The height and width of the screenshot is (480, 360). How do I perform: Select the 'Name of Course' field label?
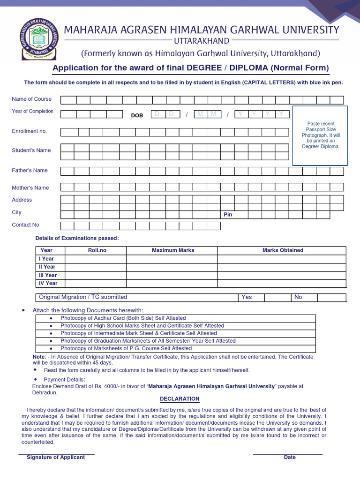(x=32, y=99)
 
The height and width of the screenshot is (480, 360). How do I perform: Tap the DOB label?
(x=137, y=115)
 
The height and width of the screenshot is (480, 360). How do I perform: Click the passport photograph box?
(x=320, y=135)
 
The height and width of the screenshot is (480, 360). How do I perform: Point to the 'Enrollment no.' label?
(x=30, y=131)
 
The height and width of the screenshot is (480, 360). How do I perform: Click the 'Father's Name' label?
(x=30, y=171)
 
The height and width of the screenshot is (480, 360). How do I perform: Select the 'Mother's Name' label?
(x=30, y=188)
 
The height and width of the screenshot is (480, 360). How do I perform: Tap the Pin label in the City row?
(x=228, y=215)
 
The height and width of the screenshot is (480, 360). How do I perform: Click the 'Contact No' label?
(x=25, y=225)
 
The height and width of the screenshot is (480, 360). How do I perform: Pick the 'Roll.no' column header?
(x=97, y=250)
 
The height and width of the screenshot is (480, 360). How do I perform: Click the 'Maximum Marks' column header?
(x=173, y=250)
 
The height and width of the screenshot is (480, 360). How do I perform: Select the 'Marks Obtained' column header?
(x=283, y=250)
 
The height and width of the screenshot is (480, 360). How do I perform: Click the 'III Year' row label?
(x=48, y=275)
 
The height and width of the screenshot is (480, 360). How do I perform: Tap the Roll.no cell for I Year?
(x=96, y=259)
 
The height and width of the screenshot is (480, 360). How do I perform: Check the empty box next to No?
(x=331, y=297)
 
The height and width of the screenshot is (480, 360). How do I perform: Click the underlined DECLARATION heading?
(x=180, y=399)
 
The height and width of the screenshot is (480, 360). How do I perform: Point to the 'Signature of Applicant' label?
(x=56, y=457)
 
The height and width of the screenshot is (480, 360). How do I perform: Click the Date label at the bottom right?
(x=290, y=457)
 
